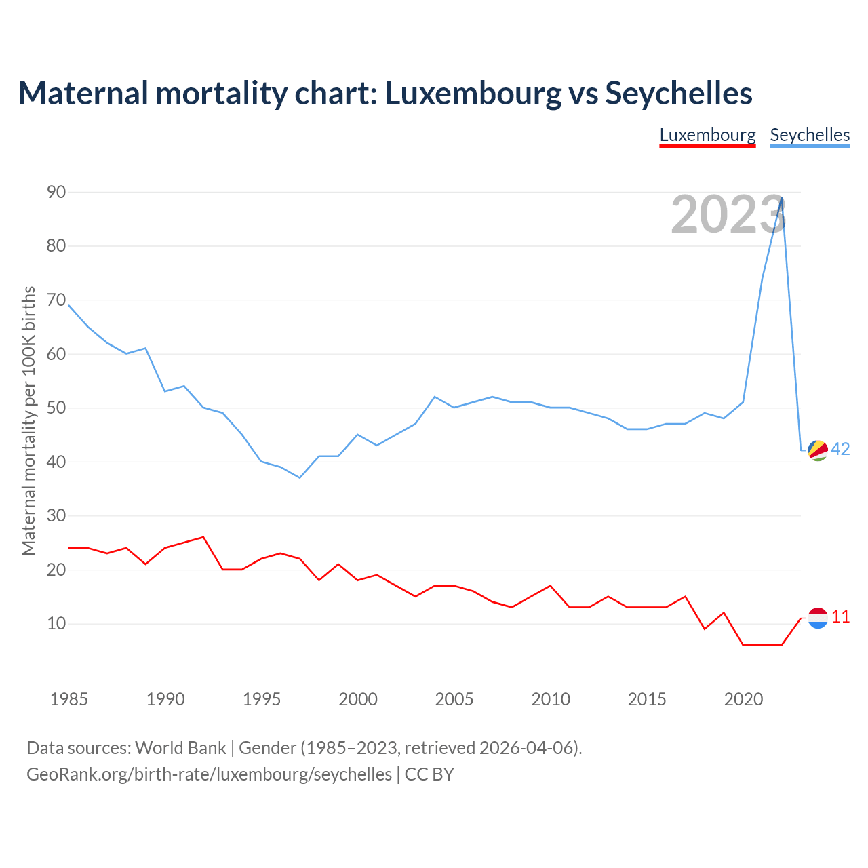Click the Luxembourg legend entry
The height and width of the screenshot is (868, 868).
(x=707, y=135)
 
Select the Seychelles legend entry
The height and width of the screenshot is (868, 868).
(x=810, y=135)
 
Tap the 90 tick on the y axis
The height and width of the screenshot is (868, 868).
(x=56, y=192)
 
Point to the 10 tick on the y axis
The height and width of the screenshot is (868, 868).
(x=56, y=623)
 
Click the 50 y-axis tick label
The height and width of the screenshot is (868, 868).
(x=56, y=408)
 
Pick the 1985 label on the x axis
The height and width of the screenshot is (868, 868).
(x=68, y=699)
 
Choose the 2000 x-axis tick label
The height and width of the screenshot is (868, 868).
(x=357, y=699)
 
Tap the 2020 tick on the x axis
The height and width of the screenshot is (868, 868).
(x=743, y=699)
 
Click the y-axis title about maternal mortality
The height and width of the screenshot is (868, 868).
(x=28, y=421)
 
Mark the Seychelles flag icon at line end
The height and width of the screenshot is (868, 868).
(x=818, y=450)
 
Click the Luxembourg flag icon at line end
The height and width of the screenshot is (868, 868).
(x=818, y=618)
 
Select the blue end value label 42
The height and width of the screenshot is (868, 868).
(x=840, y=449)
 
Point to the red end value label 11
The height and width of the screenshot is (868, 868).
(x=840, y=617)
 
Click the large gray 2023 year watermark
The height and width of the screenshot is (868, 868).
(x=728, y=214)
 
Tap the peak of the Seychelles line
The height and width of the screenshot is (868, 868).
(x=782, y=198)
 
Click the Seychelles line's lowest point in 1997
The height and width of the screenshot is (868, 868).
(x=300, y=477)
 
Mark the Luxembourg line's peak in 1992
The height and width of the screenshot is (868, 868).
(x=203, y=537)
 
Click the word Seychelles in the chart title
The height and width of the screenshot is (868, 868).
(x=679, y=93)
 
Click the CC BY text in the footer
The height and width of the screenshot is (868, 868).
(x=429, y=774)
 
